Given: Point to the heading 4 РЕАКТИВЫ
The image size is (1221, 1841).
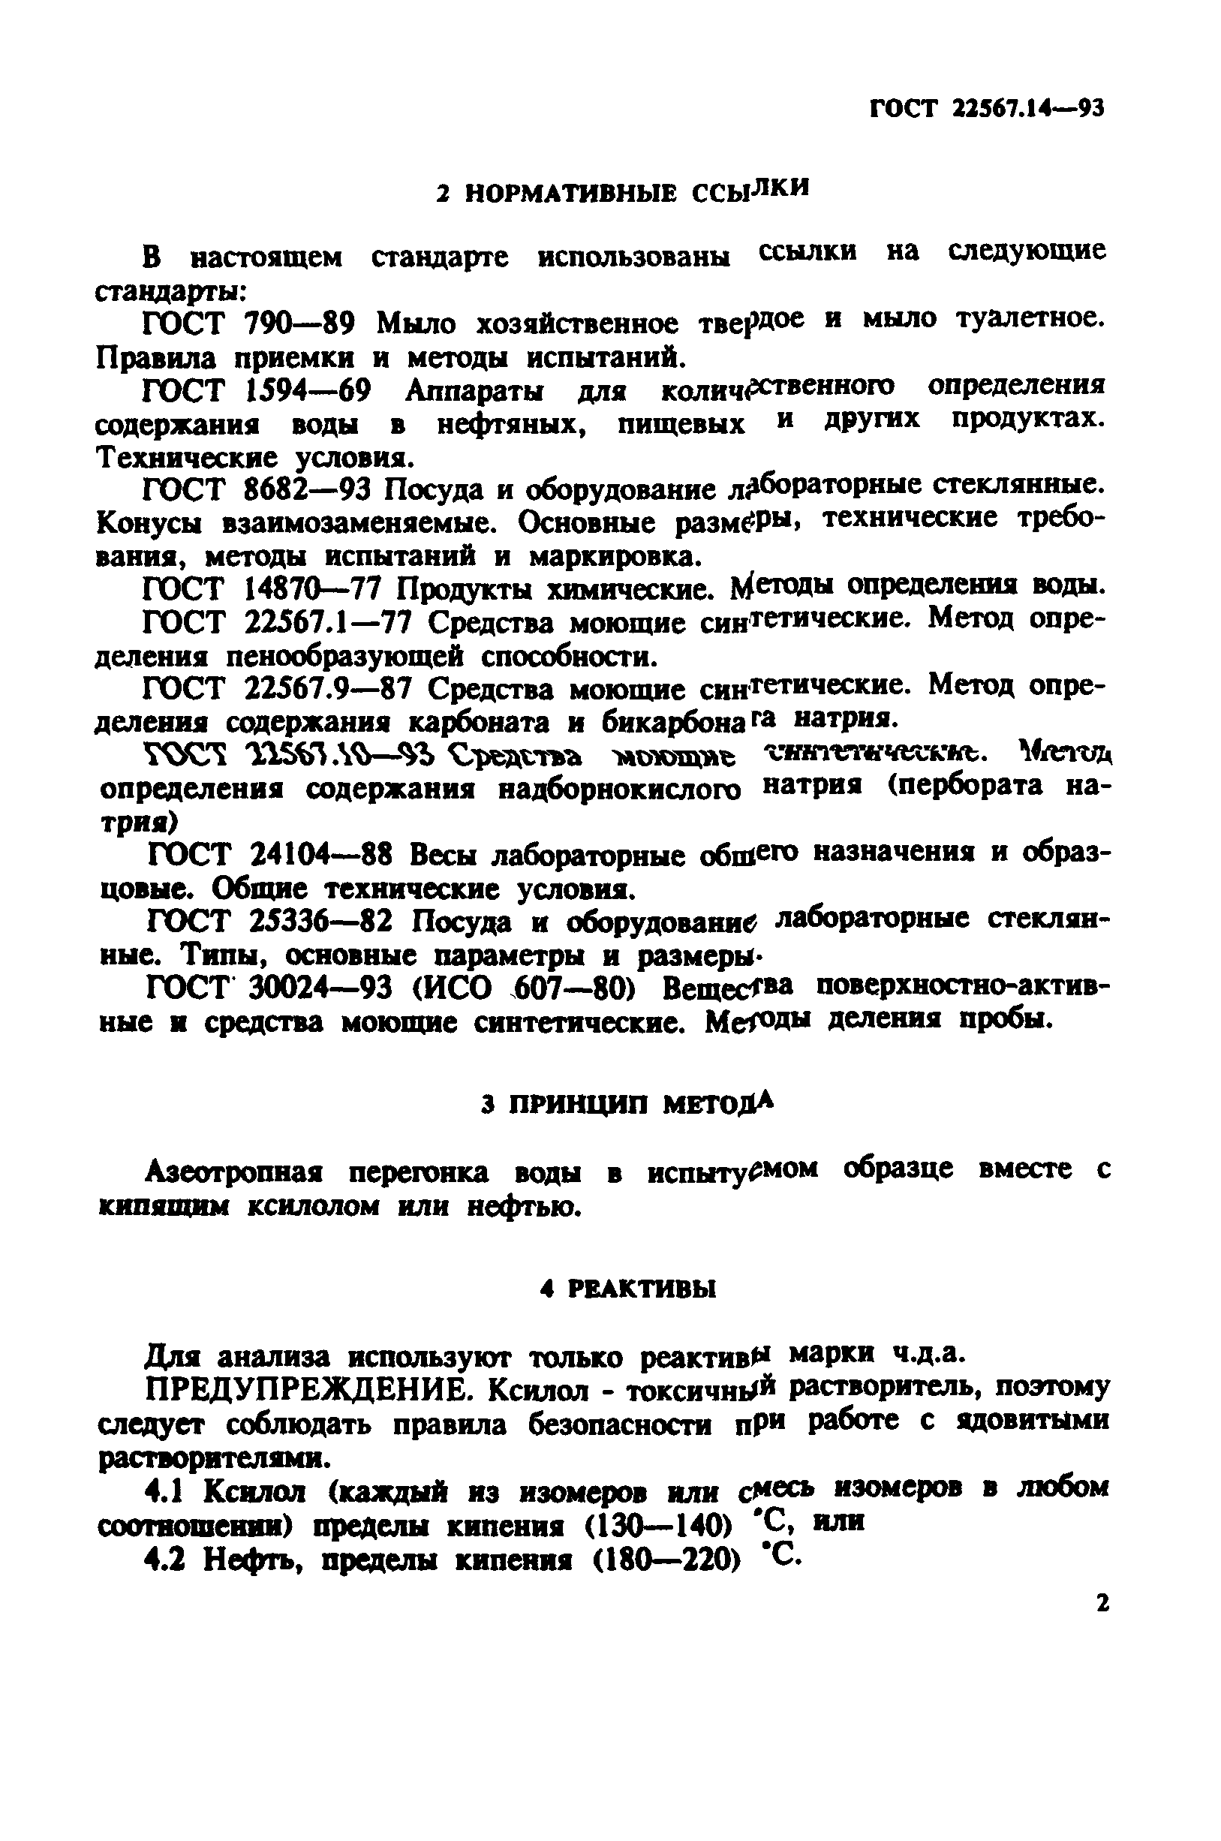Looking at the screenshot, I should pos(627,1289).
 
